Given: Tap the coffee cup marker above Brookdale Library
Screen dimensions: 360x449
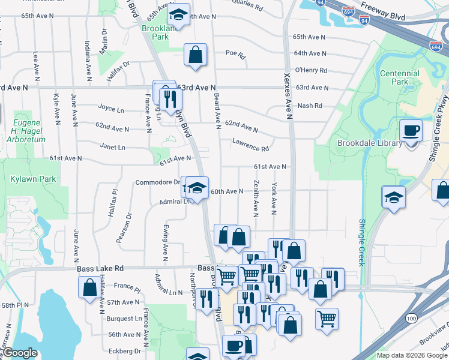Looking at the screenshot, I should (411, 130).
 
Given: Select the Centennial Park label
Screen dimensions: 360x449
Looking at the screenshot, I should (399, 77).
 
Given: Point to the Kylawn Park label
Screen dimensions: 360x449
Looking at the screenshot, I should (25, 179).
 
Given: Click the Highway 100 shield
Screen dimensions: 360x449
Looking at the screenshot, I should (412, 316).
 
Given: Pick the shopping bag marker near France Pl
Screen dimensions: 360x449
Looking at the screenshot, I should (89, 286).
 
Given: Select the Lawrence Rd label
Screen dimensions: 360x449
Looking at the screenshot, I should (251, 145).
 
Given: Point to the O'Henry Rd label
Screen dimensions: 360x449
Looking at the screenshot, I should (311, 70).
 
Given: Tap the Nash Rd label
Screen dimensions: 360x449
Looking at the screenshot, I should (310, 106).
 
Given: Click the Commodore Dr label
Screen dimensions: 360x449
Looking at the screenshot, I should (157, 182).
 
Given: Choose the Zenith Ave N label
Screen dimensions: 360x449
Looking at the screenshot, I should (256, 197).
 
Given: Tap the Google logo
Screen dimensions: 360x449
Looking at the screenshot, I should (20, 353).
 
